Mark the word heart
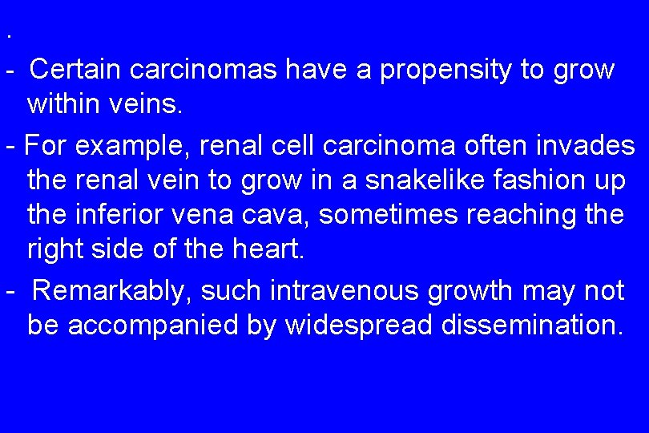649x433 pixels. point(269,249)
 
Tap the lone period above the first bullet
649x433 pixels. point(8,37)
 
